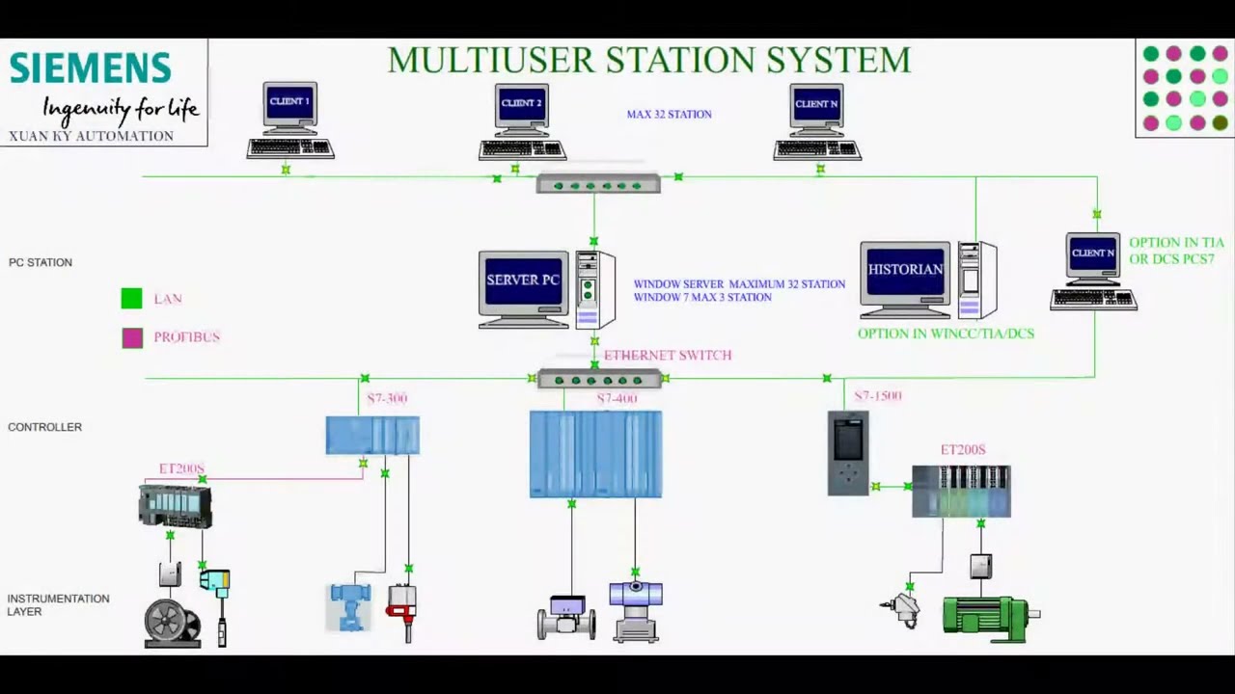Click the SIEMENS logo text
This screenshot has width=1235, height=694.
(x=90, y=68)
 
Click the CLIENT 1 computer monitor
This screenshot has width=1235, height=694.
(x=289, y=102)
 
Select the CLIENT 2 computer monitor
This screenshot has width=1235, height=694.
(x=522, y=104)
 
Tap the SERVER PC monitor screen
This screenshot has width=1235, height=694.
(x=523, y=280)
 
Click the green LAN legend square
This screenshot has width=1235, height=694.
(x=132, y=299)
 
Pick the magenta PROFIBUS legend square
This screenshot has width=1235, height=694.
(x=132, y=337)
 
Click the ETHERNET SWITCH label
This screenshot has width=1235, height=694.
(x=667, y=355)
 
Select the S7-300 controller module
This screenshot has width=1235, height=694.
(x=372, y=436)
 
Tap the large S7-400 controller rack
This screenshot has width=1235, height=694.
(x=595, y=454)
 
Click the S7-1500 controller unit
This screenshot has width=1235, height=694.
(x=848, y=453)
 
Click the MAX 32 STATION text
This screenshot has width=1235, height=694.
(x=669, y=114)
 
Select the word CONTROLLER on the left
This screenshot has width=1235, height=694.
(x=44, y=427)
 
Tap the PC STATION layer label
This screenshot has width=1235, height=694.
(x=41, y=262)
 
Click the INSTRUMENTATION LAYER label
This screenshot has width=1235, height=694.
(x=58, y=604)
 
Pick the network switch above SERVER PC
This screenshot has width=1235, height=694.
(x=598, y=183)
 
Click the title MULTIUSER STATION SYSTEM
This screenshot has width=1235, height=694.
(x=648, y=60)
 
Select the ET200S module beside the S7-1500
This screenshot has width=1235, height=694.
(x=961, y=492)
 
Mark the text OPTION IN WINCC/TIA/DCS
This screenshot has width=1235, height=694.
(x=946, y=334)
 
